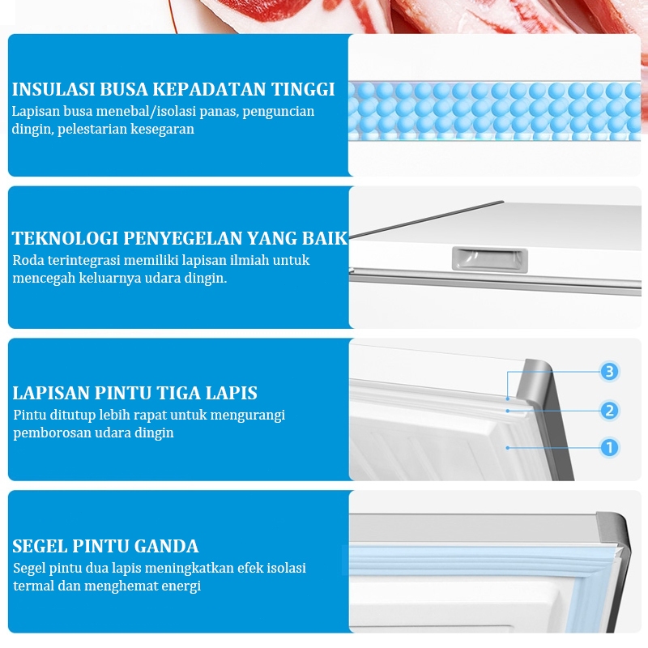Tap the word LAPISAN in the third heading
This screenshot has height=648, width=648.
click(x=51, y=393)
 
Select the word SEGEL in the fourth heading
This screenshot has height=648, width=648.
click(x=40, y=546)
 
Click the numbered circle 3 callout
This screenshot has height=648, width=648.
click(x=609, y=372)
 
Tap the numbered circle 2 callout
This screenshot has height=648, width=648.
click(x=609, y=411)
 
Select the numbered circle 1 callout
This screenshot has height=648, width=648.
click(x=609, y=447)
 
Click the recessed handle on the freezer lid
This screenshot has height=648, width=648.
click(x=490, y=260)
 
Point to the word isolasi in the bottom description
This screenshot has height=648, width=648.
click(x=287, y=569)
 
